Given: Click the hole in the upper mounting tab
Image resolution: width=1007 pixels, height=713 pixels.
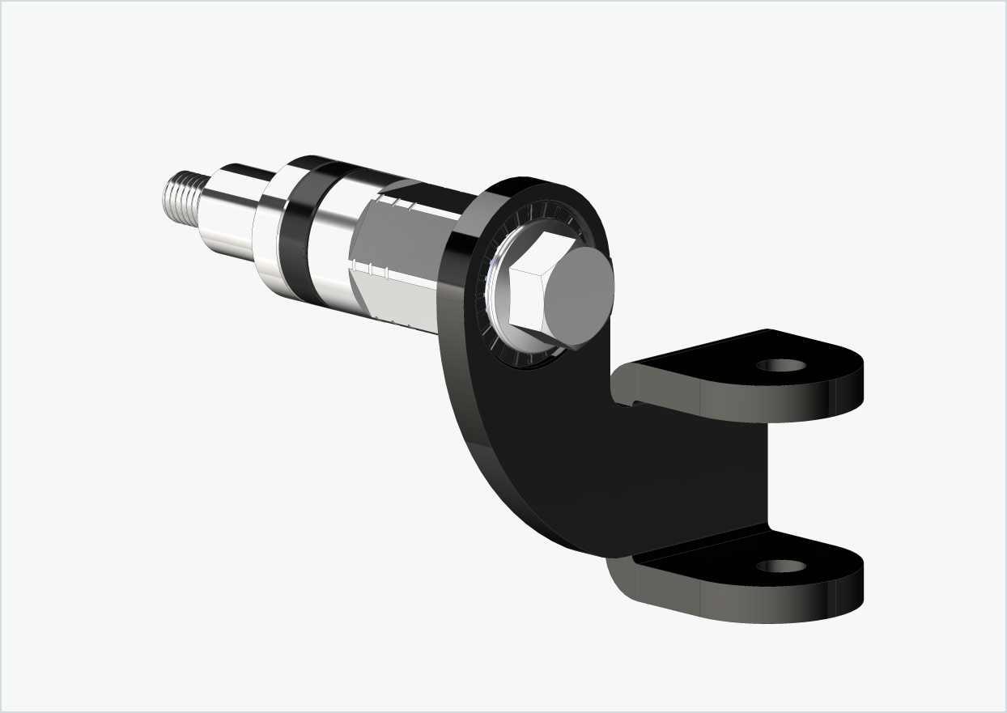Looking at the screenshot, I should (x=781, y=365).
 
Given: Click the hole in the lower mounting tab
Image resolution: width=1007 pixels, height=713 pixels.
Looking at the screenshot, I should (x=781, y=566).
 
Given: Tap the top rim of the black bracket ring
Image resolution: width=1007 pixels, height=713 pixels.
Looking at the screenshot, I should (x=534, y=183).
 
